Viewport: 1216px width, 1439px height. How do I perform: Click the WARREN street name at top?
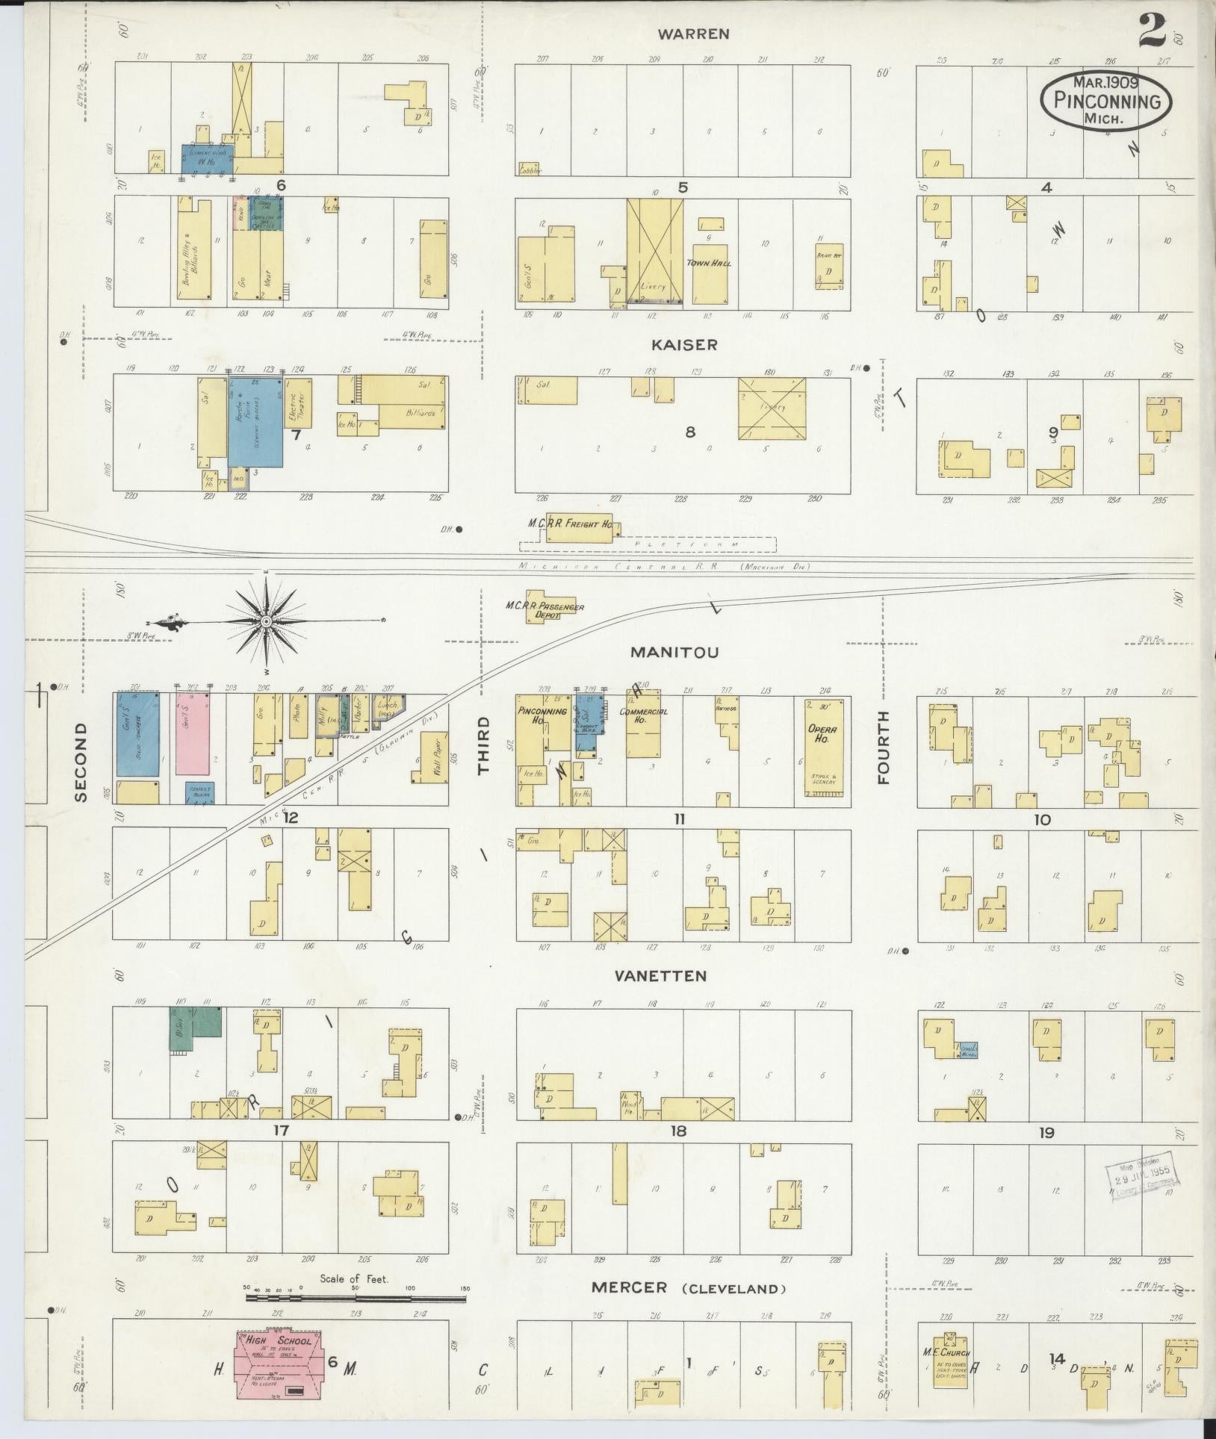[x=693, y=34]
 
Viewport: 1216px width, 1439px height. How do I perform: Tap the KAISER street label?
[x=684, y=344]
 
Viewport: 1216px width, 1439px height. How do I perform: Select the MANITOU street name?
[x=674, y=652]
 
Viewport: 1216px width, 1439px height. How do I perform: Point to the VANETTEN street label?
[x=660, y=976]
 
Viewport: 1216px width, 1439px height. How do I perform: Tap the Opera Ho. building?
[x=825, y=747]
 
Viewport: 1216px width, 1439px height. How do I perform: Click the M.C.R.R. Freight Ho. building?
[x=579, y=526]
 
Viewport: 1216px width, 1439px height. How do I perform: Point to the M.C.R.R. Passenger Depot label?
[x=553, y=611]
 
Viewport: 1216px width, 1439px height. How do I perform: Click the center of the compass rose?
[x=266, y=621]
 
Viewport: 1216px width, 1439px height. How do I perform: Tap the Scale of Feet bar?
[x=356, y=1298]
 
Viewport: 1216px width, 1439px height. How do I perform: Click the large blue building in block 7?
[x=255, y=422]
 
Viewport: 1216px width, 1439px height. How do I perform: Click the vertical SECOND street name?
[x=81, y=762]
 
